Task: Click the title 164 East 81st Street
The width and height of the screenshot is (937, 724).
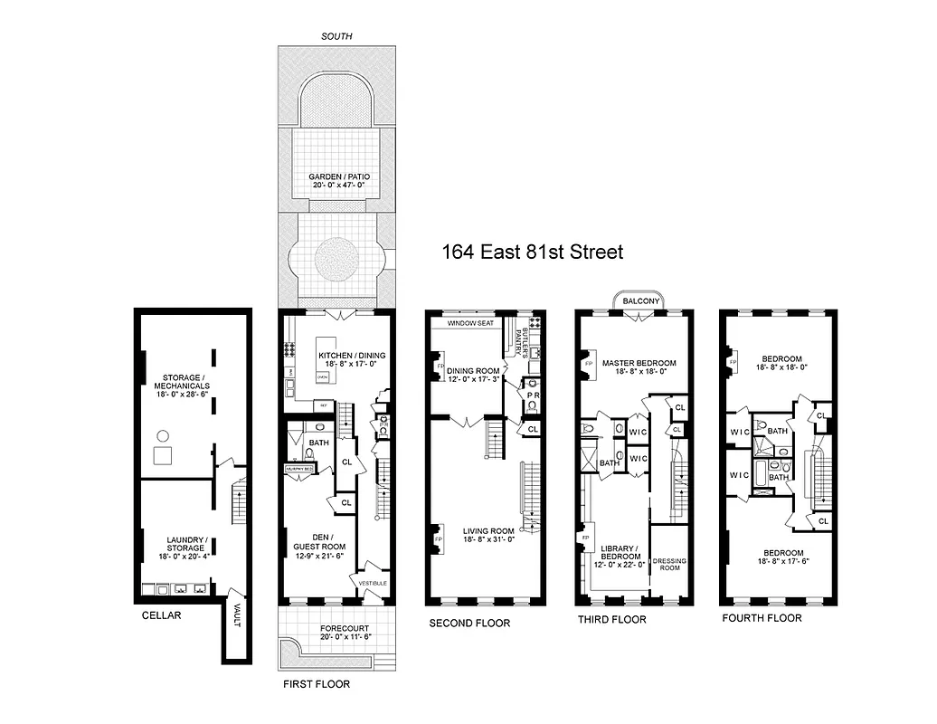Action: coord(532,252)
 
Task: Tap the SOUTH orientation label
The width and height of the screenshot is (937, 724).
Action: coord(336,36)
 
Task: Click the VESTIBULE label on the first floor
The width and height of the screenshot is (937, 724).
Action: coord(373,583)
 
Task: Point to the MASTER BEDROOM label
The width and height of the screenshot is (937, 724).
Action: coord(646,364)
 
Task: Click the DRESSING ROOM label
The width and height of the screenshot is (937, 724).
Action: coord(669,564)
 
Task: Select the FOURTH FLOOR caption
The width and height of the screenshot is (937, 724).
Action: coord(762,618)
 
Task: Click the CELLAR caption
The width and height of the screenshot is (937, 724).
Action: coord(162,616)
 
